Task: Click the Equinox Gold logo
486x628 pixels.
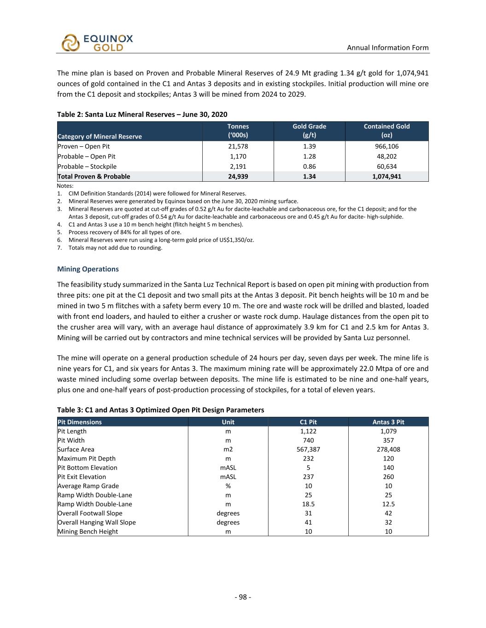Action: tap(97, 43)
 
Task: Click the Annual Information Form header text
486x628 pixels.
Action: tap(387, 47)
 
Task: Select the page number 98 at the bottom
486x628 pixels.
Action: tap(243, 597)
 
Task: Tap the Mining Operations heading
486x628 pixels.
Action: tap(88, 269)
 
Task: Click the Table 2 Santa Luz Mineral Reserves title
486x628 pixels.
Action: tap(142, 114)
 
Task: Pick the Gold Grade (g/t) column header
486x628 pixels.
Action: tap(309, 131)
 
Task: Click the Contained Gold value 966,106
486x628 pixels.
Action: tap(386, 146)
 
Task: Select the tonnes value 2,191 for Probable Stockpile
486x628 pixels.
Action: tap(238, 167)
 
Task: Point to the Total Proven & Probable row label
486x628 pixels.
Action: tap(94, 177)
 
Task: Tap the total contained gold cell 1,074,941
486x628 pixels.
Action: tap(386, 177)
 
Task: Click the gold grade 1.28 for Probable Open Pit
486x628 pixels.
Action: tap(309, 156)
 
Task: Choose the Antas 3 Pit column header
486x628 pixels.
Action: tap(388, 422)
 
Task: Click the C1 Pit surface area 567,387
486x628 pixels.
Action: tap(308, 449)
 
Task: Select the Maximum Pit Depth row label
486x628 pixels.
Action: tap(87, 459)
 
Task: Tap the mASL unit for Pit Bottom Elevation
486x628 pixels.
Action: tap(228, 468)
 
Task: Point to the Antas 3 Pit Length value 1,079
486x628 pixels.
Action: tap(388, 431)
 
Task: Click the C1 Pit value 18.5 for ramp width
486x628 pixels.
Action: tap(308, 504)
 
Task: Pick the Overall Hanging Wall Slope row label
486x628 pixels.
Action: tap(97, 522)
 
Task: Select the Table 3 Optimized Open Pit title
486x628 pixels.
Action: tap(160, 410)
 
